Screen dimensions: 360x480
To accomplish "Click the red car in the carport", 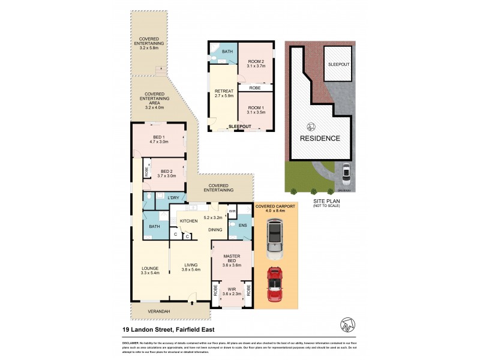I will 274,284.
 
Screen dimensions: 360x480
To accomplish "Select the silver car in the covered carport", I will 274,235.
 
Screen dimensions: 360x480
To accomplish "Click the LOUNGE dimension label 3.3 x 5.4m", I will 150,273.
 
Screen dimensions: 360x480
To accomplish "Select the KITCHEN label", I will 189,221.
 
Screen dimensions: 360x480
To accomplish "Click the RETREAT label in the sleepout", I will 223,91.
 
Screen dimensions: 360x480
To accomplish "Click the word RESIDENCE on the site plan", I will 320,139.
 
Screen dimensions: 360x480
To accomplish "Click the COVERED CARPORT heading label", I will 275,206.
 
